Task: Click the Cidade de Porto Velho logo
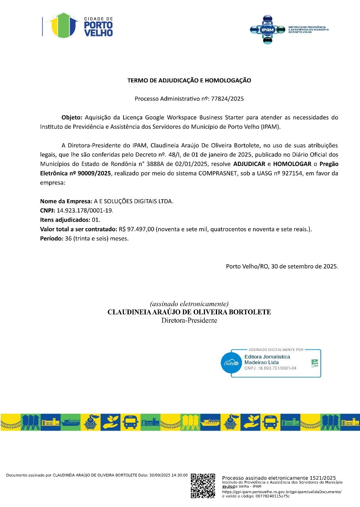pos(78,26)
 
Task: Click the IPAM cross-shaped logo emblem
pos(267,29)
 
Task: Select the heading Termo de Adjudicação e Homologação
pos(189,80)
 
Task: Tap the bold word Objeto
pos(71,117)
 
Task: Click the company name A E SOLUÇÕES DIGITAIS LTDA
pos(133,201)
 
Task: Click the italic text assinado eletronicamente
pos(189,304)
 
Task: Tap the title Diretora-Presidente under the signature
pos(189,320)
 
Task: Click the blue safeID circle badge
pos(231,363)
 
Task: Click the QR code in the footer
pos(203,485)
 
